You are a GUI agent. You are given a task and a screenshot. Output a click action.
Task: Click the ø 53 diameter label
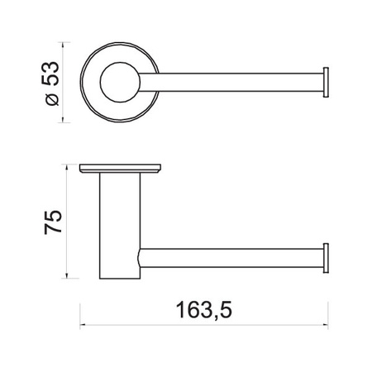[x=51, y=83]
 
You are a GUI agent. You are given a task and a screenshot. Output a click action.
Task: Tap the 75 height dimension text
[x=53, y=222]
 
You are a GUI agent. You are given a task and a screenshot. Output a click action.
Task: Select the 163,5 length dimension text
[x=204, y=310]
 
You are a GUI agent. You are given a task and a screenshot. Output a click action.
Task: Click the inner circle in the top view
[x=120, y=82]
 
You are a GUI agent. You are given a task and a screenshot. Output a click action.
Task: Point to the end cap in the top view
[x=326, y=82]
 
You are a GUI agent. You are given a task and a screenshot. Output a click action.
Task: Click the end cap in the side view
[x=326, y=258]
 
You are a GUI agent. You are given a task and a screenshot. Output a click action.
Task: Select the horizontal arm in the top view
[x=231, y=82]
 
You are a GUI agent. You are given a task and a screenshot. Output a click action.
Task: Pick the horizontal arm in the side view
[x=231, y=258]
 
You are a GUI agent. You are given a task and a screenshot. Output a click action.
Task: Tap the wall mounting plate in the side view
[x=120, y=169]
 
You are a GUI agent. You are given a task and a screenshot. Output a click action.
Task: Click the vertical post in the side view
[x=120, y=226]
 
